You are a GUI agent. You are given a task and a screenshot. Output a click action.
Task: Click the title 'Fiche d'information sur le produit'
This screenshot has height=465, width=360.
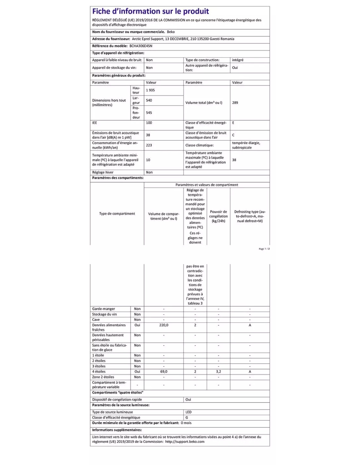[150, 11]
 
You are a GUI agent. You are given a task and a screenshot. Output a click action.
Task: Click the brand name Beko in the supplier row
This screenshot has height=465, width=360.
[171, 32]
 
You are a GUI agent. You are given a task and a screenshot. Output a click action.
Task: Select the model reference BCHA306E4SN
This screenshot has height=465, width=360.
[141, 46]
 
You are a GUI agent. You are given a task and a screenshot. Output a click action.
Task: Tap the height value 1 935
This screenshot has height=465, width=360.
[151, 90]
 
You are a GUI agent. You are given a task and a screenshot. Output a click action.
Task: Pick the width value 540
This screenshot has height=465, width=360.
[149, 100]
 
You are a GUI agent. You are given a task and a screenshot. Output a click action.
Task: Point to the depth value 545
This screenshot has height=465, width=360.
[149, 113]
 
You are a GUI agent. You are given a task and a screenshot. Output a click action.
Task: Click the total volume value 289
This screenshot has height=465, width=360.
[235, 103]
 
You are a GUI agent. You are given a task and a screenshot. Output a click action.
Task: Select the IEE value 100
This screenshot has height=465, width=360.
[149, 123]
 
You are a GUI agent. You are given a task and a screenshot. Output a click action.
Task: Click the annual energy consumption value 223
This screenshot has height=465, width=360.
[149, 145]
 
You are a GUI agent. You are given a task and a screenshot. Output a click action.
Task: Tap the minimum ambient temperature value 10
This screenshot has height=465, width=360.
[148, 160]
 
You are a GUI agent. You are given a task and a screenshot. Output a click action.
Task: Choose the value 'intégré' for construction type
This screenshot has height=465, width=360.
[238, 60]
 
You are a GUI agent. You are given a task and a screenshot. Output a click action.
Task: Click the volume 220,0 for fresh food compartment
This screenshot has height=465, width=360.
[164, 325]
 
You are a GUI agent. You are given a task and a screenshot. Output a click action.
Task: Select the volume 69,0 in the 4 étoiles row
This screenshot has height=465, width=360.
[164, 372]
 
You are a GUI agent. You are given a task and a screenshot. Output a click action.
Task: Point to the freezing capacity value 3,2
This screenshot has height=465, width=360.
[218, 372]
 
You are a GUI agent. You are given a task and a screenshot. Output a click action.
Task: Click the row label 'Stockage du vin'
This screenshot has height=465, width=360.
[104, 315]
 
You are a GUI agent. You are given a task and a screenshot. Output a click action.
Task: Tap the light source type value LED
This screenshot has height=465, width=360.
[189, 412]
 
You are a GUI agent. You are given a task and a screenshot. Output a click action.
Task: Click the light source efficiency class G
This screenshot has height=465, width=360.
[187, 418]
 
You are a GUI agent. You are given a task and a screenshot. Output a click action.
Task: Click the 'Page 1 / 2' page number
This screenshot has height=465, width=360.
[264, 249]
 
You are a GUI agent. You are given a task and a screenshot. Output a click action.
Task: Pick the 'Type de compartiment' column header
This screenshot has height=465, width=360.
[117, 214]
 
